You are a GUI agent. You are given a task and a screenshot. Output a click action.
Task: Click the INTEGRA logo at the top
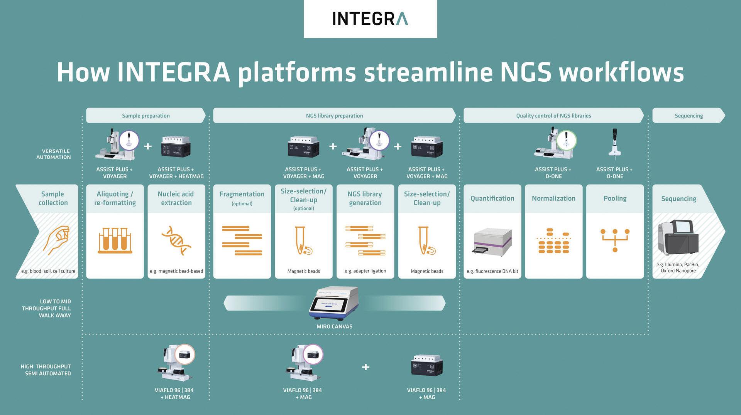point(370,18)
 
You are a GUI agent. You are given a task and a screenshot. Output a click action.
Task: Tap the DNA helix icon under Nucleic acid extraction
point(176,240)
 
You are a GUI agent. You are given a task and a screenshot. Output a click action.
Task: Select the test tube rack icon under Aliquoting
point(115,240)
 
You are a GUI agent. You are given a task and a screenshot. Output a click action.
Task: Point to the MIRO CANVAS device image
point(334,303)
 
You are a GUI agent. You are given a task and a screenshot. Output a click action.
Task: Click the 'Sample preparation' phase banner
point(145,116)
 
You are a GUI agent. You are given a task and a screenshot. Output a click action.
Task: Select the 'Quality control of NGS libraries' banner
point(553,116)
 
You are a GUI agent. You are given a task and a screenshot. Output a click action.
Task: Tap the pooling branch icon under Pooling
point(615,240)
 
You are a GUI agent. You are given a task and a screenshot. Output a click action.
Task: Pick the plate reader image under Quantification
point(492,242)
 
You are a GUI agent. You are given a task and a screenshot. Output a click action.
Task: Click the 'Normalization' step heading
point(553,198)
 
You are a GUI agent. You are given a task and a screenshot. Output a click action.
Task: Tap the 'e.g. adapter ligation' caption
point(365,271)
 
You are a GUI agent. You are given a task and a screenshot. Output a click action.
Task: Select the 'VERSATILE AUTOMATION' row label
point(54,154)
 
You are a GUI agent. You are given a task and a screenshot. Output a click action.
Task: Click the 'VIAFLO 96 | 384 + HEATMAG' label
point(174,393)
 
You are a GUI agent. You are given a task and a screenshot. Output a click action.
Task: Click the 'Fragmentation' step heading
point(242,194)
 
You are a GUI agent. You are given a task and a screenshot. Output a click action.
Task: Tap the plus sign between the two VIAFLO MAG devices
point(365,367)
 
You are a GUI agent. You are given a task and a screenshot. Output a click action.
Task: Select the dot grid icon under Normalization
point(553,241)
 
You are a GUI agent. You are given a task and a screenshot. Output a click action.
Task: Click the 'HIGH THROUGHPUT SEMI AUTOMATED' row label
point(46,370)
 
